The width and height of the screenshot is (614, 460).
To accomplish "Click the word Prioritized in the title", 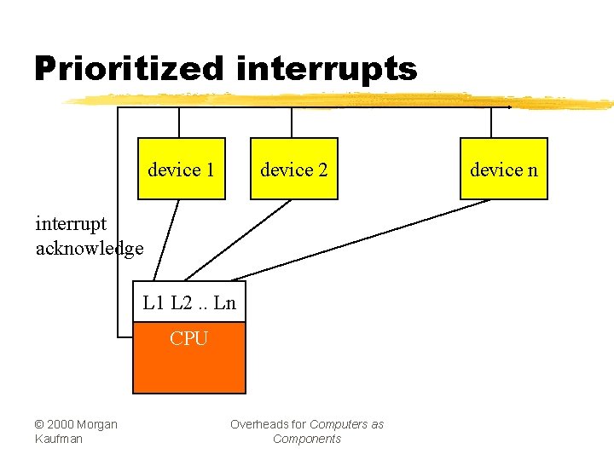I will (x=129, y=68).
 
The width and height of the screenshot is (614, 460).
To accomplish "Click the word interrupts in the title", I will (x=327, y=68).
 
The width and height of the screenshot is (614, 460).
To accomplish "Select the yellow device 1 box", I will (x=181, y=169).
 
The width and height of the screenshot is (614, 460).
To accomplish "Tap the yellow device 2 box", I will (x=293, y=169).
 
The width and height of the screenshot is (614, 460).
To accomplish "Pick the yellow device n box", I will (x=504, y=169).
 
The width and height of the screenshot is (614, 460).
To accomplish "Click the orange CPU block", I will (x=188, y=358).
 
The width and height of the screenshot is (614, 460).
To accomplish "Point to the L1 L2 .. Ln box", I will (x=188, y=302).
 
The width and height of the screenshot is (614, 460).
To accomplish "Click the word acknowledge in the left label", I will (x=90, y=248).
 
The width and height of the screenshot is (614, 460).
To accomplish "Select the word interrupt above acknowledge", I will (x=71, y=224).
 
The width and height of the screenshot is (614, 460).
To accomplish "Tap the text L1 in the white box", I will (x=153, y=302).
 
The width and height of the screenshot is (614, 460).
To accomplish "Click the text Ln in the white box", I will (x=224, y=302).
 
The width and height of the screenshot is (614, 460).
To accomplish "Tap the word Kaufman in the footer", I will (x=59, y=439).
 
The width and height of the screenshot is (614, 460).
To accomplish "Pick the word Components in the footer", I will (x=306, y=439).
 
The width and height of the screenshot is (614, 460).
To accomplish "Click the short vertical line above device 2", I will (x=293, y=123).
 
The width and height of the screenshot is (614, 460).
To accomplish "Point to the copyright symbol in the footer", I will (x=40, y=424).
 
